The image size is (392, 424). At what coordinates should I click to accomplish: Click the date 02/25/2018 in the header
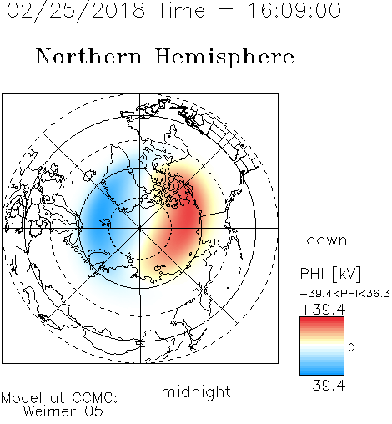point(76,11)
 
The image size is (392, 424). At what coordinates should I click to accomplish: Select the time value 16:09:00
point(294,10)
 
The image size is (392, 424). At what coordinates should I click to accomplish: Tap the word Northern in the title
point(89,56)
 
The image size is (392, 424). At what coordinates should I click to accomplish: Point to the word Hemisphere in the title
point(224,58)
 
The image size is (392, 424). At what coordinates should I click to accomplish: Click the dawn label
point(327,240)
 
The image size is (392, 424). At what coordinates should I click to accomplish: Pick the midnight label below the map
point(196,392)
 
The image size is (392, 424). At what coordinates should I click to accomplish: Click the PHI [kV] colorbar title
point(331,274)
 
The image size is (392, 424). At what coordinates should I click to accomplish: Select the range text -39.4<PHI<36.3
point(345,294)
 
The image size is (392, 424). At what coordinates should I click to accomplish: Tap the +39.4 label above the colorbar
point(323,310)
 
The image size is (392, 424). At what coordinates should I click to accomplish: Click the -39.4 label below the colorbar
point(323,386)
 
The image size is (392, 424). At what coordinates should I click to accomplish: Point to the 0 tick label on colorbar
point(351,347)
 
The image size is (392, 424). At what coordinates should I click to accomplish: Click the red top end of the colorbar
point(322,320)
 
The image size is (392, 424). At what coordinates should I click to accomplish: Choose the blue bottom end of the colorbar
point(322,372)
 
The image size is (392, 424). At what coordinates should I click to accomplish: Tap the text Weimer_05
point(63,411)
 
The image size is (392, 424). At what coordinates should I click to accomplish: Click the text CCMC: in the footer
point(95,398)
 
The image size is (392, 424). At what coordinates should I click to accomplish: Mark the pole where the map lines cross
point(140,228)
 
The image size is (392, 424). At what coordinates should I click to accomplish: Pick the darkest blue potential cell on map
point(98,216)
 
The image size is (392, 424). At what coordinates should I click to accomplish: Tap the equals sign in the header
point(226,11)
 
